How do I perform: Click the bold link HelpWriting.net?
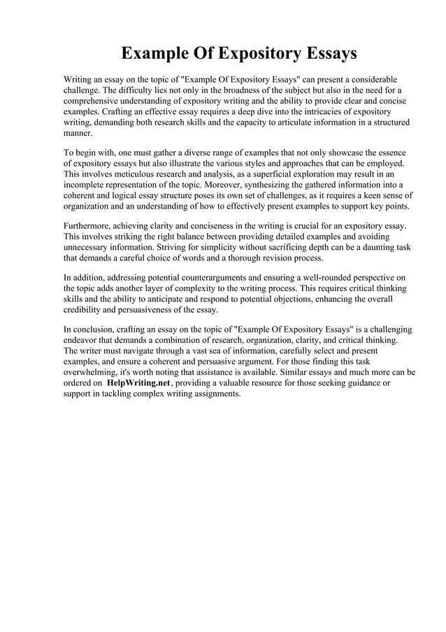pyautogui.click(x=138, y=383)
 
